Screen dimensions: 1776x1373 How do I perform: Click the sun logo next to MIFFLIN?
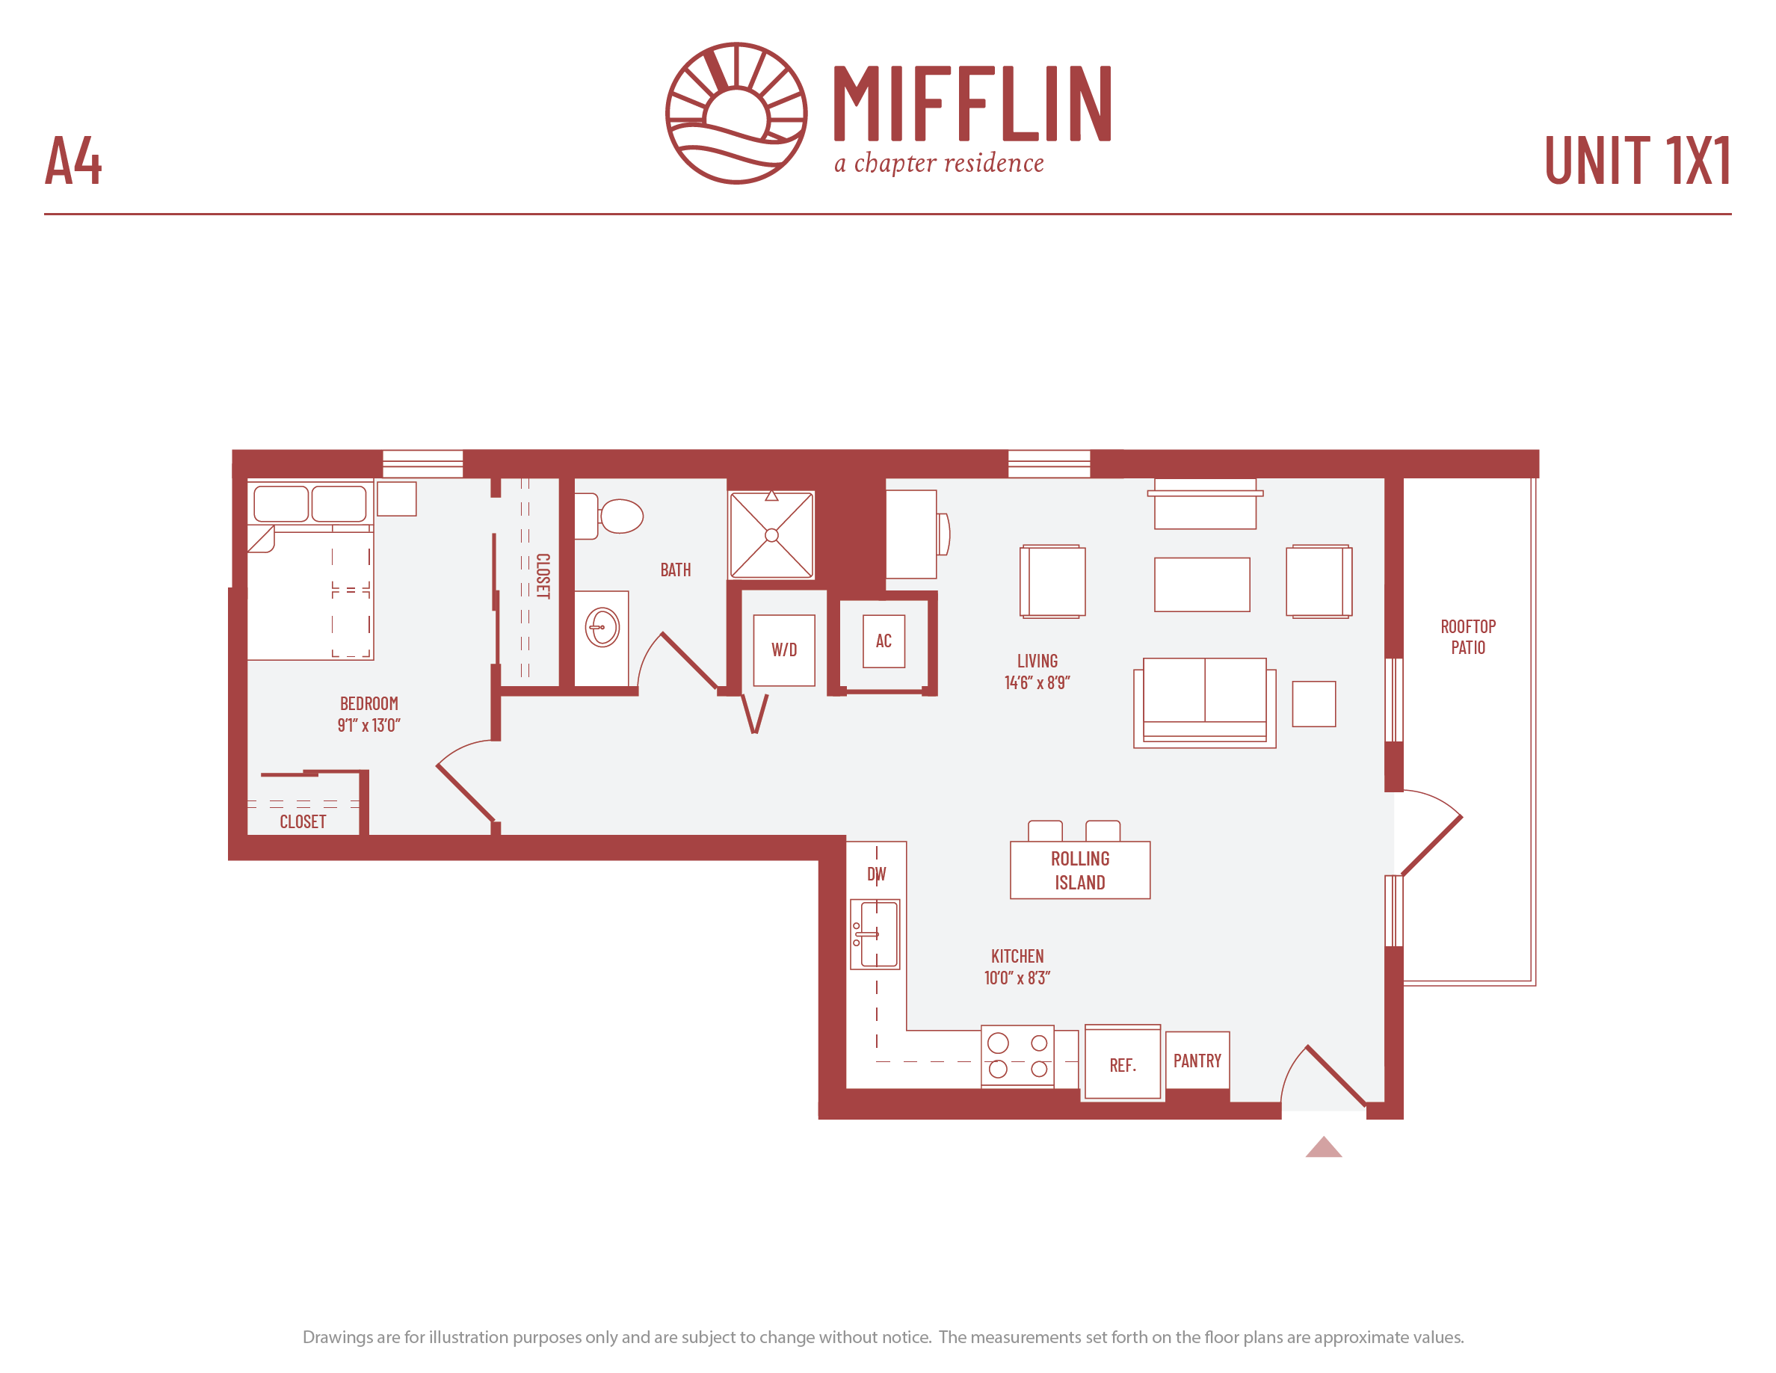coord(736,113)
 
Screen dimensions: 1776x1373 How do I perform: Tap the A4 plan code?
coord(73,160)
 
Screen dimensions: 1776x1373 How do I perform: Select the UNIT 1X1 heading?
coord(1637,160)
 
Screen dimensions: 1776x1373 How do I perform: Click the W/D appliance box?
coord(784,650)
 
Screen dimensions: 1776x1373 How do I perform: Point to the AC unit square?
coord(884,641)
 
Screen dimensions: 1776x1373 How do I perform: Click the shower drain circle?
coord(771,535)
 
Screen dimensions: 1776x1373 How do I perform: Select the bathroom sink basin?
coord(602,628)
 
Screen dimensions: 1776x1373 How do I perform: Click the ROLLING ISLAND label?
coord(1080,871)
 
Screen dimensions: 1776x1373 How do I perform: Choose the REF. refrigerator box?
coord(1123,1063)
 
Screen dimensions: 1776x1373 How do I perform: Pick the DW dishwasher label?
coord(877,874)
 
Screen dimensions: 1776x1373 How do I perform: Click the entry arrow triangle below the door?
coord(1324,1149)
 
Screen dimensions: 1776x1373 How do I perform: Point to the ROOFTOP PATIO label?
coord(1468,638)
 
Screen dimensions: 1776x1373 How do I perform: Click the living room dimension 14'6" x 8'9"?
coord(1037,683)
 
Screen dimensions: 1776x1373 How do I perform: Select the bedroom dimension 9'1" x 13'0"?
coord(369,725)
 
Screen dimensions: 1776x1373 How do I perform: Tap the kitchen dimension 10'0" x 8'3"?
coord(1017,978)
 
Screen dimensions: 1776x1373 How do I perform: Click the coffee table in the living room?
coord(1202,584)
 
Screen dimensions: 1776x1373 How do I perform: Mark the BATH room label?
coord(676,570)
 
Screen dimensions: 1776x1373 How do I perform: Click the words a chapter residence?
coord(940,164)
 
